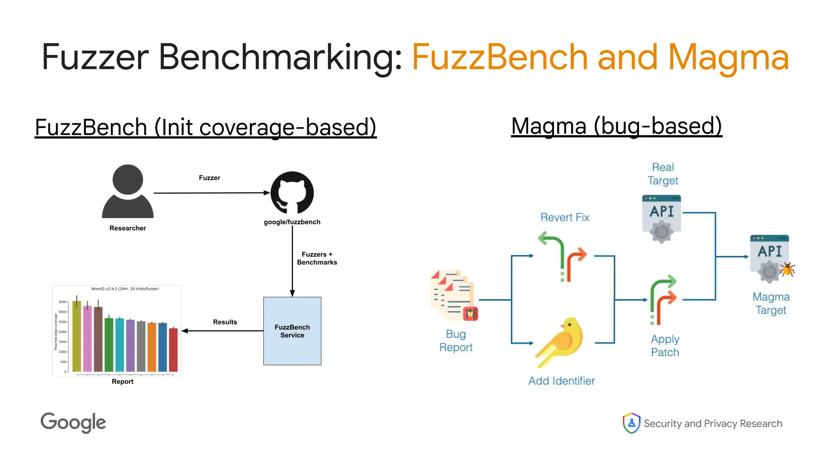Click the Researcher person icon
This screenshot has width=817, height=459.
[x=128, y=192]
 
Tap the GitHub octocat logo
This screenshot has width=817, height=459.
[x=292, y=193]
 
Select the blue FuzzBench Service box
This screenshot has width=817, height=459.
[x=292, y=331]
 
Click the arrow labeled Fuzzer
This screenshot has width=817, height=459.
[x=211, y=193]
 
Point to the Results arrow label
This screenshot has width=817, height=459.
[x=225, y=322]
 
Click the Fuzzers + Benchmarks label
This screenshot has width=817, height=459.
[x=317, y=258]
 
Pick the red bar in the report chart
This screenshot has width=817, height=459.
[x=173, y=349]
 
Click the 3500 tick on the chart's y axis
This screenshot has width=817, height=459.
[x=62, y=302]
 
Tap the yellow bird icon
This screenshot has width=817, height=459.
[x=560, y=341]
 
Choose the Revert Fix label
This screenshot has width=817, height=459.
[x=564, y=218]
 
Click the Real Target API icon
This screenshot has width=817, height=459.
[x=661, y=218]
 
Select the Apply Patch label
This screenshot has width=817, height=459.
[x=665, y=345]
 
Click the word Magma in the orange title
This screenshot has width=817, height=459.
[x=728, y=58]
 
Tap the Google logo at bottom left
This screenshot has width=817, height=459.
[x=73, y=423]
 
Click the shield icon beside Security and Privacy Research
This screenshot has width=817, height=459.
[x=631, y=423]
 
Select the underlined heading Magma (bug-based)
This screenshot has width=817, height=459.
[x=616, y=126]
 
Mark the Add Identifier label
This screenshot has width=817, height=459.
[x=561, y=381]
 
